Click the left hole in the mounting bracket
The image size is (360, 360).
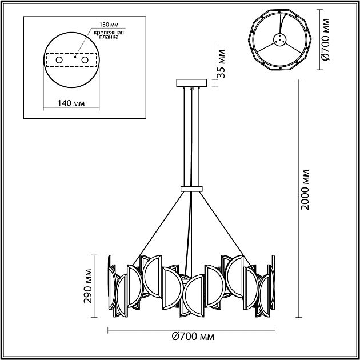tap(58, 59)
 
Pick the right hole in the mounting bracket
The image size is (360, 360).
tap(85, 59)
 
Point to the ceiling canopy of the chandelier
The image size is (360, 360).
tap(191, 83)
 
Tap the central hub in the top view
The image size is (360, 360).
tap(279, 40)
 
